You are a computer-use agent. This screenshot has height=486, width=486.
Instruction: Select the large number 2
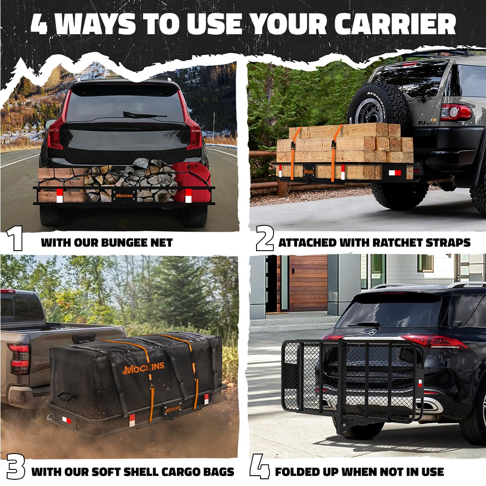[x=264, y=239]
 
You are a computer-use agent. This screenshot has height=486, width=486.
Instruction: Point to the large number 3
[x=15, y=468]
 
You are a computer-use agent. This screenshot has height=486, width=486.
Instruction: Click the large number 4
[x=260, y=468]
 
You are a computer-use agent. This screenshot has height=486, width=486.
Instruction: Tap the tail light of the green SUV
[x=455, y=112]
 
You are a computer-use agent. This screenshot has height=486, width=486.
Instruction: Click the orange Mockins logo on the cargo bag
[x=143, y=367]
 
